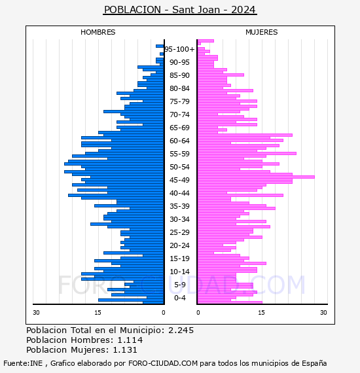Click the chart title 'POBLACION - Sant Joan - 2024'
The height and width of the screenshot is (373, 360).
tap(180, 10)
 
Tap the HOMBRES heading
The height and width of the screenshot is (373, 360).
tap(98, 32)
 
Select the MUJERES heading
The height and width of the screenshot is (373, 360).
tap(262, 32)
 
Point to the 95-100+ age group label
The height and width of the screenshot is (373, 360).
tap(179, 49)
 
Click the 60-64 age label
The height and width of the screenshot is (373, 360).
tap(179, 141)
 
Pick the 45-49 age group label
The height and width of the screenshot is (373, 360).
tap(179, 180)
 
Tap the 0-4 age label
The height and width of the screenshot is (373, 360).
tap(180, 298)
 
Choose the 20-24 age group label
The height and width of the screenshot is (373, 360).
tap(179, 245)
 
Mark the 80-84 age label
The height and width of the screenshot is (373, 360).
tap(179, 88)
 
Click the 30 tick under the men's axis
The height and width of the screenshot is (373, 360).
tap(36, 312)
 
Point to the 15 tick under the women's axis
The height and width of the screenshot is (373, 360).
tap(261, 312)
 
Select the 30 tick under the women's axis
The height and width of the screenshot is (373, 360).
tap(323, 312)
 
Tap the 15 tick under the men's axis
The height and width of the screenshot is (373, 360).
tap(98, 312)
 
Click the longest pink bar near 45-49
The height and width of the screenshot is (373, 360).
tap(256, 177)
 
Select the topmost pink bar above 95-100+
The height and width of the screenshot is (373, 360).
tap(206, 41)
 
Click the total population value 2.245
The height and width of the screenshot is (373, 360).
tap(181, 330)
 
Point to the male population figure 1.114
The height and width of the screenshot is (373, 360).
tap(130, 340)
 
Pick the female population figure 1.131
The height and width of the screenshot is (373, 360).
tap(125, 349)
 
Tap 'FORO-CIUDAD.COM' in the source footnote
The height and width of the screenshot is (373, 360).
tap(163, 363)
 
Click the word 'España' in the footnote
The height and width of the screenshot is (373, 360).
tap(314, 363)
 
